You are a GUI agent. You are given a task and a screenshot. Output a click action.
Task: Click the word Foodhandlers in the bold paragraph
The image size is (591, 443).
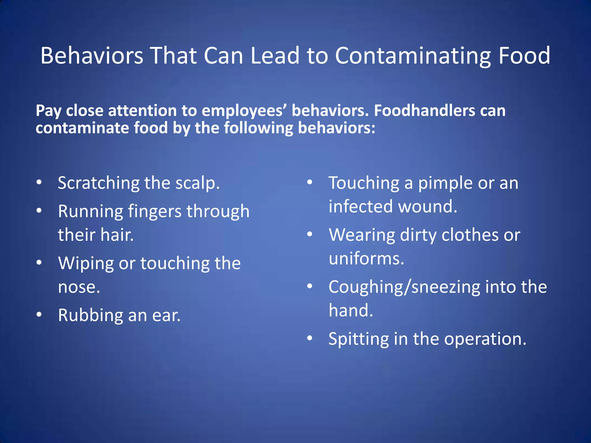424,110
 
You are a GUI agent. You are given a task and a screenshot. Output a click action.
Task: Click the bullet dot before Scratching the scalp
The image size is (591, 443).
39,183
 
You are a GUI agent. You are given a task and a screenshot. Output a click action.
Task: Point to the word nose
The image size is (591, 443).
79,287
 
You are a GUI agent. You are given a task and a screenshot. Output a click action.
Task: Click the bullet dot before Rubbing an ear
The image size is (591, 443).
39,315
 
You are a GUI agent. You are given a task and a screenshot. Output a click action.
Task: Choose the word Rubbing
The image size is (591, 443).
90,315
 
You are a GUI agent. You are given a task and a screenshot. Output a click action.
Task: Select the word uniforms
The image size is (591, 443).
366,258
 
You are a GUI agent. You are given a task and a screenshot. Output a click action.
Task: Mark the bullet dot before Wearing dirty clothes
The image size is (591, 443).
310,234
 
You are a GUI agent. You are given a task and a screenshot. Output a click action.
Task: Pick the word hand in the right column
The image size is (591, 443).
351,310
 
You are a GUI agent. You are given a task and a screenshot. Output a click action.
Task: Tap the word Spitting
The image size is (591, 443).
359,339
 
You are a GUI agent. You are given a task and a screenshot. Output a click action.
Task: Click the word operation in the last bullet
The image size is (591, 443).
485,339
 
